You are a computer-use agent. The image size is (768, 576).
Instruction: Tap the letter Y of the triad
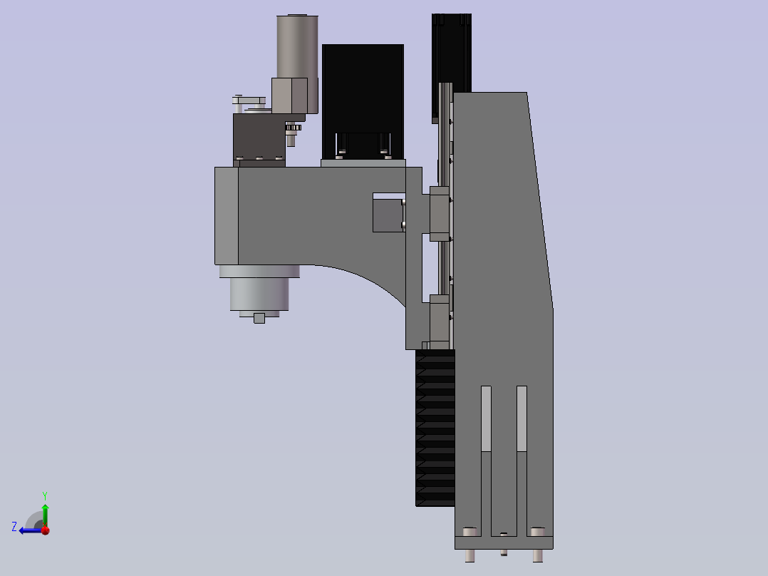[x=45, y=495]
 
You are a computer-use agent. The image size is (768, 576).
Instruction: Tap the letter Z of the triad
[x=14, y=527]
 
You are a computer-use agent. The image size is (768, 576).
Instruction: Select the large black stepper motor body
[x=363, y=101]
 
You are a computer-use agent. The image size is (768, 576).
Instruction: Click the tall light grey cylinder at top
[x=297, y=46]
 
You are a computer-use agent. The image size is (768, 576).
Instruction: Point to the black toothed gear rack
[x=435, y=428]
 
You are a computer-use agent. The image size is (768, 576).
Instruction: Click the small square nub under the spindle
[x=259, y=318]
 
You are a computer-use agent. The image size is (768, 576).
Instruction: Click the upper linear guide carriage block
[x=440, y=214]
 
